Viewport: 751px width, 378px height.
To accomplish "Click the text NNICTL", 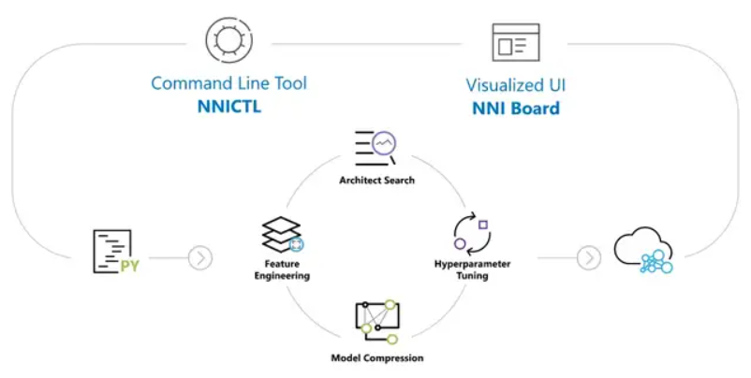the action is point(229,107).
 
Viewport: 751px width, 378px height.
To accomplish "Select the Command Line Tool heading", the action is point(228,83).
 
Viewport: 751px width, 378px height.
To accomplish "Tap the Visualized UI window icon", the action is point(516,42).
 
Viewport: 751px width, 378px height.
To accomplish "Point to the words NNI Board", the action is point(516,109).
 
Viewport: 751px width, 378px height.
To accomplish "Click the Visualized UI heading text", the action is point(516,85).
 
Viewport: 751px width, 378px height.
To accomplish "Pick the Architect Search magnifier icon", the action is point(375,149).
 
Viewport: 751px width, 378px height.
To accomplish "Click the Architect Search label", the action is point(377,181).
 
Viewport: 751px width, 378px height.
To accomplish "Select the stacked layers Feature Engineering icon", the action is point(283,235).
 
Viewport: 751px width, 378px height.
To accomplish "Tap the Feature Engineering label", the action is point(282,269).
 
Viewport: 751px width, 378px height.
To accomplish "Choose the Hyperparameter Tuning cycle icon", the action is point(472,234).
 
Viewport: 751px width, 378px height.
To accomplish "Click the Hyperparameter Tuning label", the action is point(472,269).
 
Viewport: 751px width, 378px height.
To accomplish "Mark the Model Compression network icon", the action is point(377,322).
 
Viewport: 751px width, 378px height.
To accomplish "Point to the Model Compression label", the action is point(377,358).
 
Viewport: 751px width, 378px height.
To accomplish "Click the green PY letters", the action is point(129,266).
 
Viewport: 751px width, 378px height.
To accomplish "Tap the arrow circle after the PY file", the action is point(200,258).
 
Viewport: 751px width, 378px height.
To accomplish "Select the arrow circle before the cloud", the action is point(589,258).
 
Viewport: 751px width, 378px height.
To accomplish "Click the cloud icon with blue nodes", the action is point(643,250).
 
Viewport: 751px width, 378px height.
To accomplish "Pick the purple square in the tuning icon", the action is point(483,225).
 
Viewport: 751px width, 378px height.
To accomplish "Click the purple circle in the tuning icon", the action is point(461,243).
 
